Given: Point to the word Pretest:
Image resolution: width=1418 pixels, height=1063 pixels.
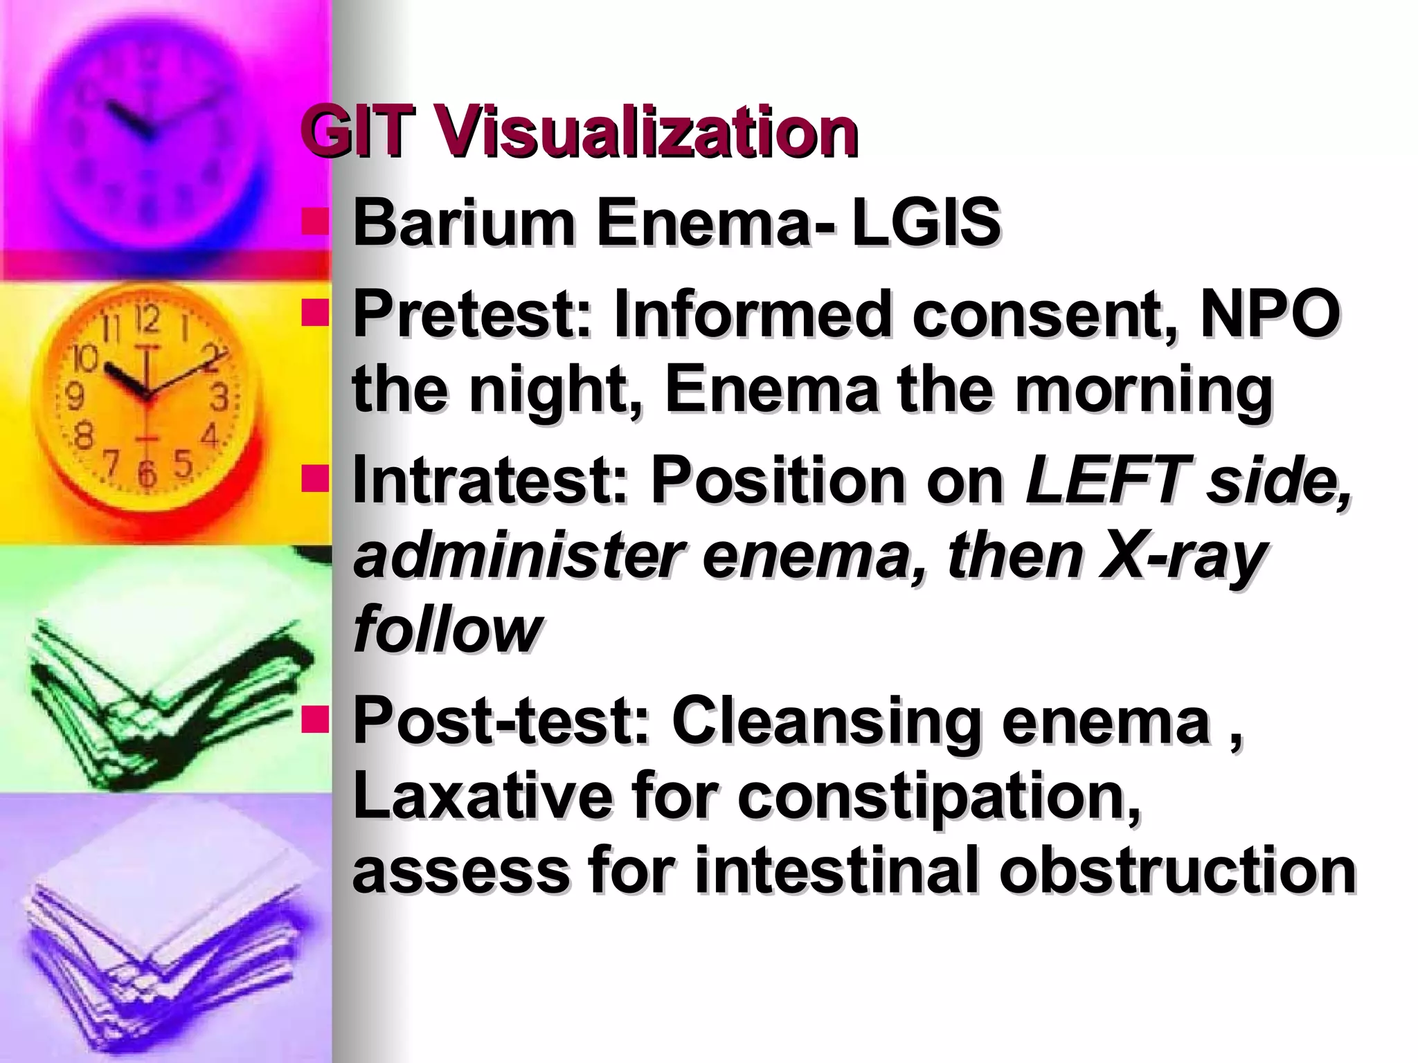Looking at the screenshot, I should pyautogui.click(x=474, y=316).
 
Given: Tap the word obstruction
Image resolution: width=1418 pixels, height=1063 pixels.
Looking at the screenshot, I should pyautogui.click(x=1177, y=871).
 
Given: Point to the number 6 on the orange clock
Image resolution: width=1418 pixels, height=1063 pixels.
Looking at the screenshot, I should pyautogui.click(x=146, y=472).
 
